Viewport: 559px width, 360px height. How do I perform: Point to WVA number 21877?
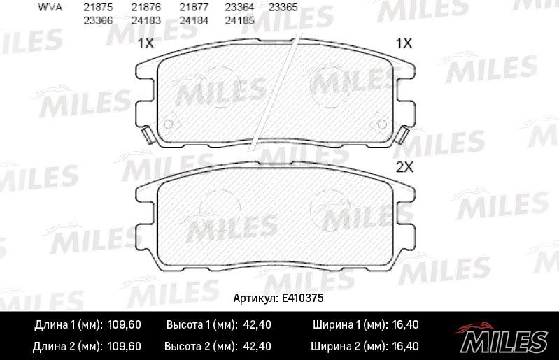pos(192,6)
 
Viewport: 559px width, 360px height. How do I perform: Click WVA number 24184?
pos(192,20)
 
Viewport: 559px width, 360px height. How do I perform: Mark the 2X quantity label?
pos(405,168)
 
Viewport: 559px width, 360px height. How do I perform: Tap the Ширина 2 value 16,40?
pos(404,346)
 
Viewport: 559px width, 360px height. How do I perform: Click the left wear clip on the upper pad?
pos(148,136)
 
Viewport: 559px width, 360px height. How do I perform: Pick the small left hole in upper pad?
pos(167,124)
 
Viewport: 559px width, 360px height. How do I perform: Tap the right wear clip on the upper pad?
pos(402,136)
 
